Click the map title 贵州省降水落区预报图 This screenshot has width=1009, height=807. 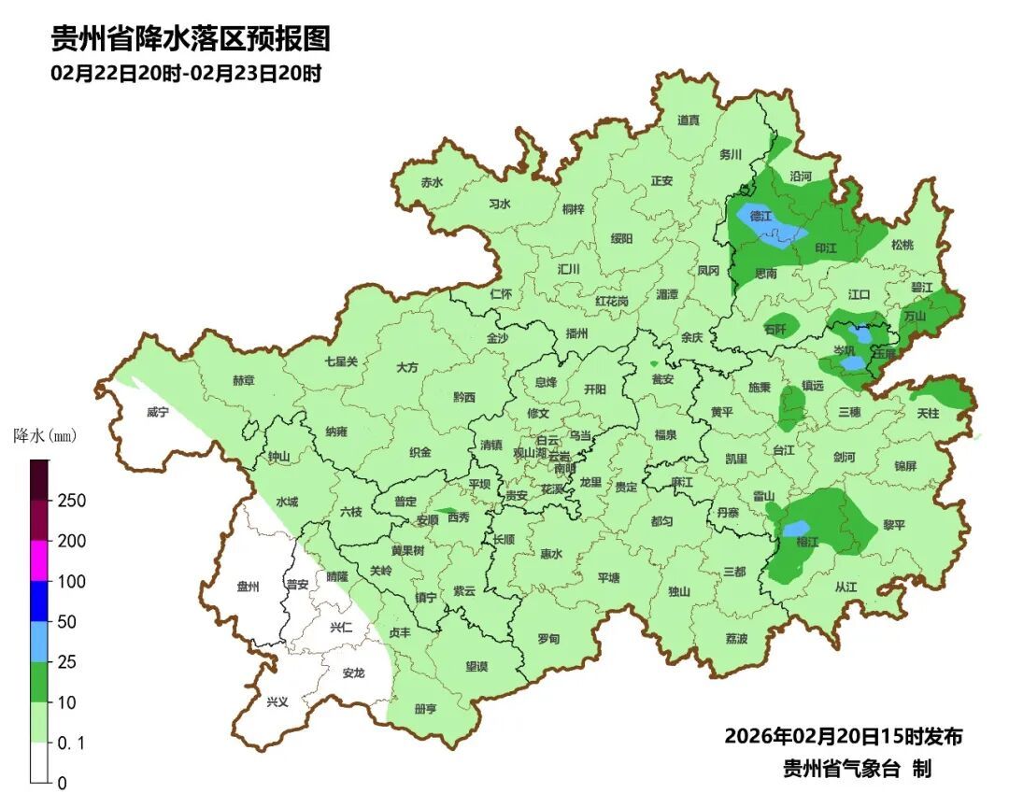coord(190,39)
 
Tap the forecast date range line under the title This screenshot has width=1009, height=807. coord(186,74)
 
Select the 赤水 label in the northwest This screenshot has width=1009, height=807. coord(432,182)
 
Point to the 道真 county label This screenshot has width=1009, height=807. coord(689,120)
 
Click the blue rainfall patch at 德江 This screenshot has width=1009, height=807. coord(771,226)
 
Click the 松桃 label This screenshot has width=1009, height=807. coord(902,245)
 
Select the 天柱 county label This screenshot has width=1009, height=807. coord(928,412)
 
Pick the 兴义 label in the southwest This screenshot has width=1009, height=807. coord(277,701)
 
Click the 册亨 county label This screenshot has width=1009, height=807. coord(425,708)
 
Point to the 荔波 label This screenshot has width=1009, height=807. coord(736,639)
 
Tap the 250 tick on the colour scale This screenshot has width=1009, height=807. coord(71,501)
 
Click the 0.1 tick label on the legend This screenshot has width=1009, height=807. coord(71,743)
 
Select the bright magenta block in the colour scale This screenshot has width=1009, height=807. coord(39,560)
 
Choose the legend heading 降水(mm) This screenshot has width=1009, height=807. coord(44,436)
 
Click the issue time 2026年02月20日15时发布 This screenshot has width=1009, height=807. coord(843,736)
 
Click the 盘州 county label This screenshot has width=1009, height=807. coord(249,587)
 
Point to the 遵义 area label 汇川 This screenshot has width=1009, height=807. coord(569,269)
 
